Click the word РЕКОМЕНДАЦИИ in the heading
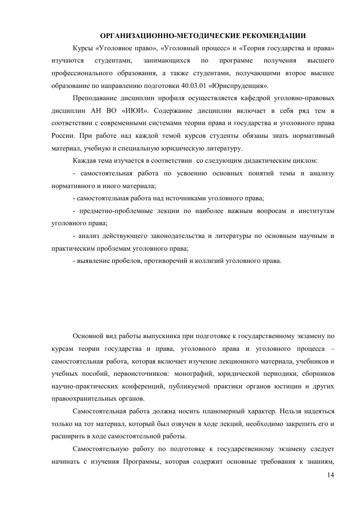point(273,36)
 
